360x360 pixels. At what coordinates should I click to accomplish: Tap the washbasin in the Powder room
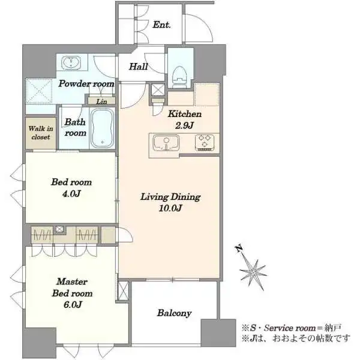click(x=71, y=62)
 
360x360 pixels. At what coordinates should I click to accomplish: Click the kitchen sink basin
click(x=166, y=143)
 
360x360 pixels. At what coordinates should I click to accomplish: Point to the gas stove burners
click(x=205, y=143)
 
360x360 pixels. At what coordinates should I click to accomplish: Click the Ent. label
click(x=161, y=25)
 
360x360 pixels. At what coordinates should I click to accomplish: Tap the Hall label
click(x=138, y=67)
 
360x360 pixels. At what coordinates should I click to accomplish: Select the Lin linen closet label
click(x=101, y=101)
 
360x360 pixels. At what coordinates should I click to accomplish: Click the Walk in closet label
click(x=41, y=133)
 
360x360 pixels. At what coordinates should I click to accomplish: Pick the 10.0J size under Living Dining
click(x=170, y=208)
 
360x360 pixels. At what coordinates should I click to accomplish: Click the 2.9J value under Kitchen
click(x=184, y=125)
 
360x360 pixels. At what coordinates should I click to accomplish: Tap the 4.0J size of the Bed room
click(x=71, y=194)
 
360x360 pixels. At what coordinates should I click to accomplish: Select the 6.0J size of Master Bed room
click(x=73, y=305)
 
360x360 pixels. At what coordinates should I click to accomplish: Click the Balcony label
click(x=174, y=313)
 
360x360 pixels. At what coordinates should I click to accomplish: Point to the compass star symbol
click(x=253, y=273)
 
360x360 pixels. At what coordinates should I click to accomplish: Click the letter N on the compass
click(x=239, y=248)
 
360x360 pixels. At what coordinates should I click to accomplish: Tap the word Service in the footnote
click(x=278, y=328)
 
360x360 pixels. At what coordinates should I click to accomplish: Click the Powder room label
click(x=86, y=83)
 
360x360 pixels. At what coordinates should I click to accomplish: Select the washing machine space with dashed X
click(x=39, y=91)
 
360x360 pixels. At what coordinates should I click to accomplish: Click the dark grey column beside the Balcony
click(x=218, y=332)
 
